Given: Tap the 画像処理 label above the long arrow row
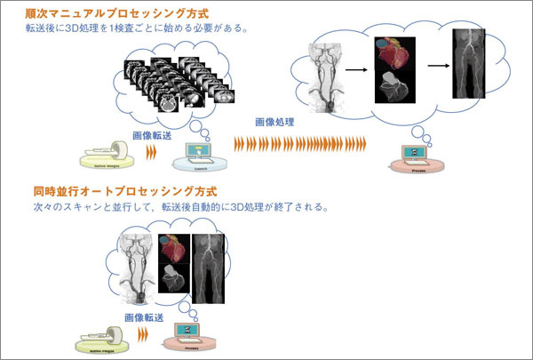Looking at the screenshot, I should click(x=274, y=122).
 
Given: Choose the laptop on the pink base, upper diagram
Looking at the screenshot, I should click(x=413, y=157).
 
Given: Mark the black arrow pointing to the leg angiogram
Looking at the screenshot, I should click(x=436, y=65).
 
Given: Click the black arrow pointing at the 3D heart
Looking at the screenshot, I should click(x=356, y=65).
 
